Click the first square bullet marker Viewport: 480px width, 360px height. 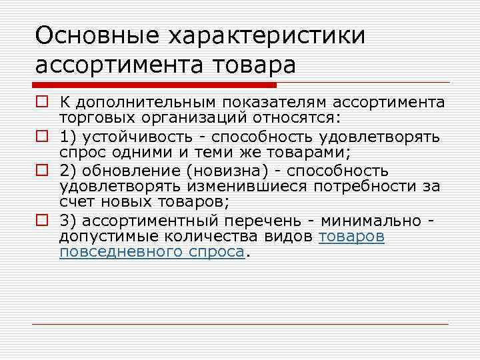coord(41,103)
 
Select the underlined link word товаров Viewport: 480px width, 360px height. coord(351,237)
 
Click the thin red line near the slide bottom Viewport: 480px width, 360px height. coord(240,324)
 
